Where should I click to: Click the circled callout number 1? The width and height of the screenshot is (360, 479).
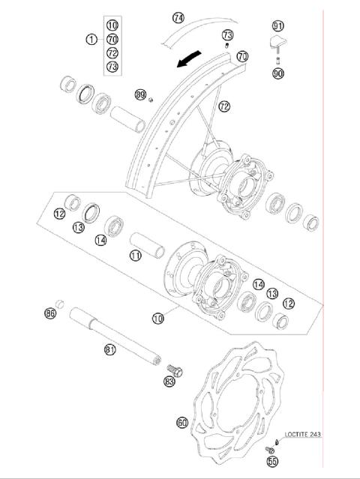(x=91, y=39)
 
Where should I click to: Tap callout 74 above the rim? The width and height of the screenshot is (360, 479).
(x=178, y=17)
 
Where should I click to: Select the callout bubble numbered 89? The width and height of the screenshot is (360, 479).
(x=140, y=94)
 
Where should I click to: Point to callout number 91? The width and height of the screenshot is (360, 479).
(x=279, y=25)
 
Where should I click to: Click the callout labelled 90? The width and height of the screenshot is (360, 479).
(x=279, y=73)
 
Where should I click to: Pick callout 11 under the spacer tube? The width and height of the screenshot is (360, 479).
(x=135, y=256)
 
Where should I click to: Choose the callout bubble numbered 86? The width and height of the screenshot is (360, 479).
(x=50, y=313)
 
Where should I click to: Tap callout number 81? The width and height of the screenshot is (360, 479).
(x=110, y=349)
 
